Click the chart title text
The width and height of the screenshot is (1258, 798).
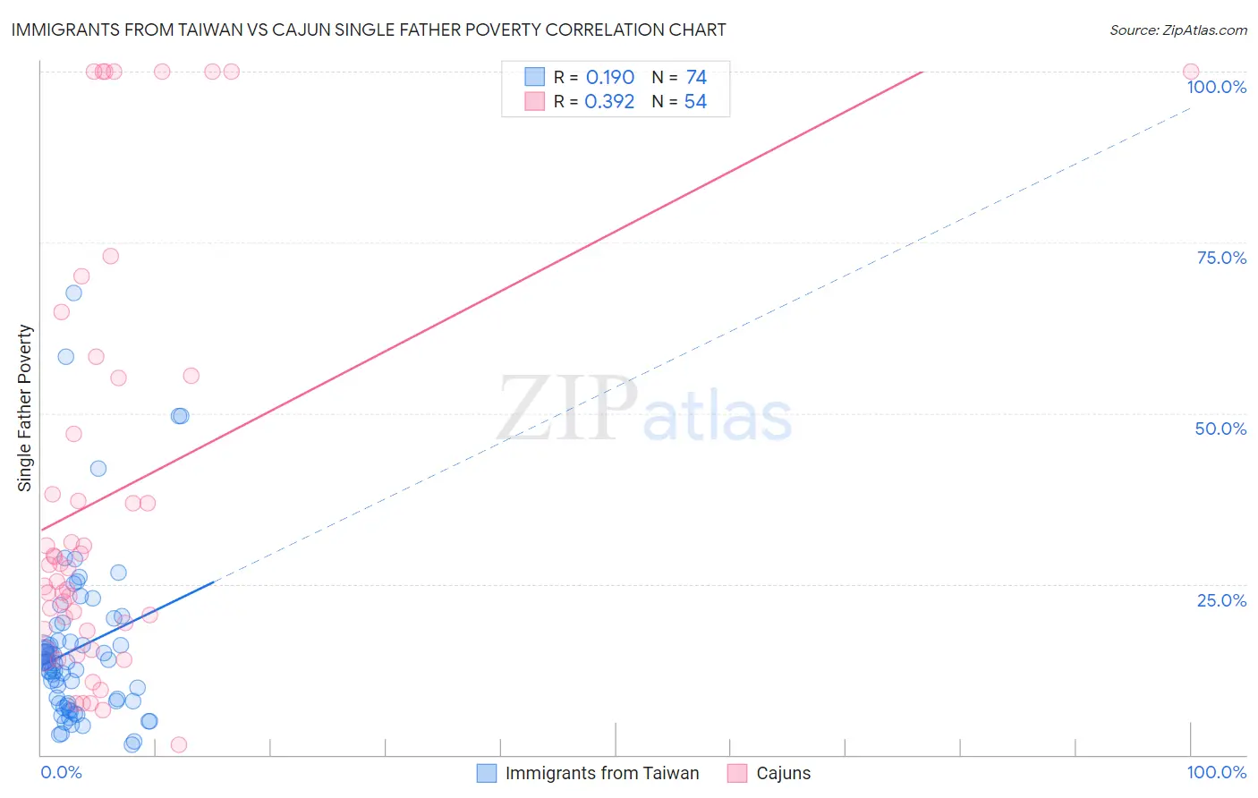pyautogui.click(x=369, y=30)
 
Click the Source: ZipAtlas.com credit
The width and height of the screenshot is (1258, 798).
pyautogui.click(x=1177, y=30)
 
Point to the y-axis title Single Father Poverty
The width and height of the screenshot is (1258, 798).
pyautogui.click(x=24, y=408)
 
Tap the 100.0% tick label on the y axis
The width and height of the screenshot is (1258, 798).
pyautogui.click(x=1216, y=87)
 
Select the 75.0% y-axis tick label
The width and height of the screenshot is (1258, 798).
pyautogui.click(x=1221, y=258)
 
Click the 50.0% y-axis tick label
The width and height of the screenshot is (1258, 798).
pyautogui.click(x=1220, y=429)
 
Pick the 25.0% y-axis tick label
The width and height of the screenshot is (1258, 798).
pyautogui.click(x=1221, y=600)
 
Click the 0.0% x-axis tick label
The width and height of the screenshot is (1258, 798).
pyautogui.click(x=61, y=772)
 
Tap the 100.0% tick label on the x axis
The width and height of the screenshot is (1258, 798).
pyautogui.click(x=1216, y=772)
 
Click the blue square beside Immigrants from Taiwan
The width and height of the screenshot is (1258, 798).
pyautogui.click(x=487, y=773)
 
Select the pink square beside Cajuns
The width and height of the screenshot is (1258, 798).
pyautogui.click(x=737, y=773)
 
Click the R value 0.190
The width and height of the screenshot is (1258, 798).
pyautogui.click(x=610, y=78)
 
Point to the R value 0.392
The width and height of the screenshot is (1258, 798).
pyautogui.click(x=609, y=102)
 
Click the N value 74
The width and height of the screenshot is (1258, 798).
pyautogui.click(x=696, y=78)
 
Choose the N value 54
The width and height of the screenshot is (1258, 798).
pyautogui.click(x=695, y=102)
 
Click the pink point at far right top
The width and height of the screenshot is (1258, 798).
pyautogui.click(x=1191, y=72)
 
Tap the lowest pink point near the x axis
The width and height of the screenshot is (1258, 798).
pyautogui.click(x=178, y=744)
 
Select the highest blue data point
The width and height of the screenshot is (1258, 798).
pyautogui.click(x=73, y=293)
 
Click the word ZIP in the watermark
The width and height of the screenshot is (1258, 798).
pyautogui.click(x=567, y=411)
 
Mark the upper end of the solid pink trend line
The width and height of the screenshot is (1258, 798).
pyautogui.click(x=922, y=72)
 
